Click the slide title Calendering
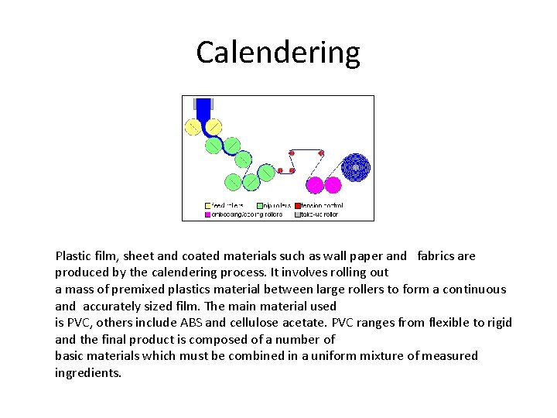pos(278,53)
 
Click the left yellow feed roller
pos(193,126)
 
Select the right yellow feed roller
pos(213,126)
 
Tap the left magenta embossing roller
pos(315,185)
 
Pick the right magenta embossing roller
pos(333,185)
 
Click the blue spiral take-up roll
pos(355,166)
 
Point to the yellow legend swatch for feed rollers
pos(207,206)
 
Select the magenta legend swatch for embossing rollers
pos(207,214)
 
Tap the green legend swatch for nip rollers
pos(259,206)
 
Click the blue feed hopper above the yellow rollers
pos(203,108)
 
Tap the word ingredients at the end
pos(88,373)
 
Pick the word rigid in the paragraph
pos(497,323)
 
